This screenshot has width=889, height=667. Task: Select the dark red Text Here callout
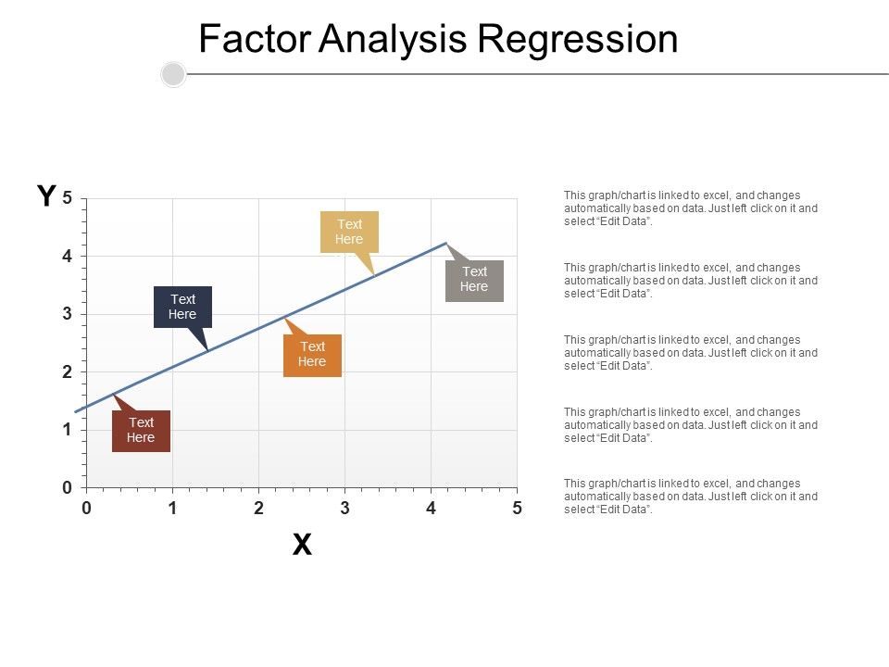141,431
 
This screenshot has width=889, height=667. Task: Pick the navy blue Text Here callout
182,307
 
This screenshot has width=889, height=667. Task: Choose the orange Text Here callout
312,355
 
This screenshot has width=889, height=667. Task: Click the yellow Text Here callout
349,232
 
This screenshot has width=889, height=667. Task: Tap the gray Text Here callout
474,280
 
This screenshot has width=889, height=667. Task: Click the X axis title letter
302,546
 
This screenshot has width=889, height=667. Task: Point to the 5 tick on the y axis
68,198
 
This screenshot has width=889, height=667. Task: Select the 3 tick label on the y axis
68,314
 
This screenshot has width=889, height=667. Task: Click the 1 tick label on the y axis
68,430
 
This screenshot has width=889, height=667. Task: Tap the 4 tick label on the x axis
431,508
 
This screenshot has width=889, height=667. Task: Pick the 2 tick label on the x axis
258,508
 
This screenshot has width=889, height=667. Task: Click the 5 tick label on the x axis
517,508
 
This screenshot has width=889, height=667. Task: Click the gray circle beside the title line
173,74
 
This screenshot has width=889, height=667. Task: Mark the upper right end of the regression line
445,244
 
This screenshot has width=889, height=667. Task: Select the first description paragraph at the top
691,208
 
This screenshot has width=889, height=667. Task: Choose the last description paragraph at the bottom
691,497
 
